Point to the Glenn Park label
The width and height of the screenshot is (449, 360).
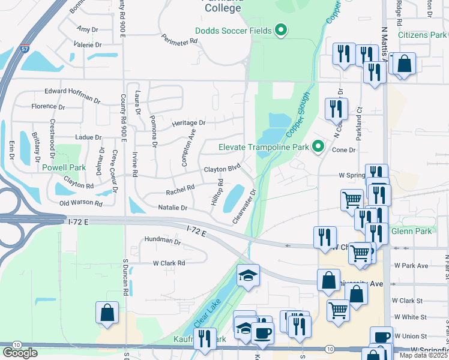click(x=411, y=231)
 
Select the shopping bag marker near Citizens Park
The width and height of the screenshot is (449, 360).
click(x=405, y=63)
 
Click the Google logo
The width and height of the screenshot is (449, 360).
click(x=20, y=352)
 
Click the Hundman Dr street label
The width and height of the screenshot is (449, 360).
click(x=162, y=241)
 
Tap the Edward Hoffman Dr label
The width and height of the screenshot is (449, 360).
click(x=73, y=94)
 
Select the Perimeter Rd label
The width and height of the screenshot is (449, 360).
click(x=179, y=39)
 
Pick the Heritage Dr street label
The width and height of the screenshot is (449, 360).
click(x=188, y=122)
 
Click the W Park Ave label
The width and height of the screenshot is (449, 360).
click(x=411, y=265)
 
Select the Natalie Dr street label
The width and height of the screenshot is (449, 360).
click(x=172, y=208)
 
